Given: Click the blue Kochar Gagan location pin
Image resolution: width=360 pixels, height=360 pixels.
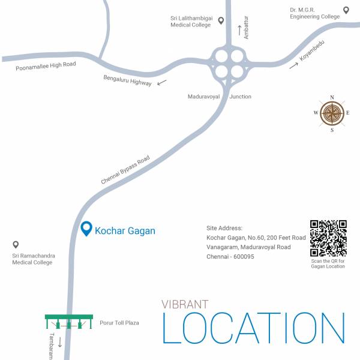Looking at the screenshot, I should coord(86,229).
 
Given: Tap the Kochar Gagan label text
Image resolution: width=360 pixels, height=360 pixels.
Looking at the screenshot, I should coord(125,231).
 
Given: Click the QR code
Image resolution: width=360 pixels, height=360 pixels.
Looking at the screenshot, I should coord(328,238).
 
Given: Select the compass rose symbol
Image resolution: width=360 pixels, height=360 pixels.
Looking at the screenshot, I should coord(332,113).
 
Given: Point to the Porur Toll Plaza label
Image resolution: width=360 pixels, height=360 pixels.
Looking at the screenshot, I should coord(119,323).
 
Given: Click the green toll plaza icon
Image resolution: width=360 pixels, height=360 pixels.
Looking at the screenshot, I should coord(68,322).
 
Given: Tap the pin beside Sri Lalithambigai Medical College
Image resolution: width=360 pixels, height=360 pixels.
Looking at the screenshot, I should coord(221,21).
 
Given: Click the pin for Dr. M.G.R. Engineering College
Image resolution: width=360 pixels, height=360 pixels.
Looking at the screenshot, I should coord(346,10).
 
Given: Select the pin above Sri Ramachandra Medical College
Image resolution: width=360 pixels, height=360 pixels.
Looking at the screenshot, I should coord(16,245).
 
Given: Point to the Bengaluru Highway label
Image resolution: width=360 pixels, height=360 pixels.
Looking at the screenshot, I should coord(127,80).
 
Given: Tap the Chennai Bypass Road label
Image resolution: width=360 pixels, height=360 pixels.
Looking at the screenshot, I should coord(125,170).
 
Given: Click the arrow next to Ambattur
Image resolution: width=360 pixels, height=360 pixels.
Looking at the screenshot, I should coord(239,29).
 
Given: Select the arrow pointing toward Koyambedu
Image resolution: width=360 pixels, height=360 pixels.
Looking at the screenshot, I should coord(293,65).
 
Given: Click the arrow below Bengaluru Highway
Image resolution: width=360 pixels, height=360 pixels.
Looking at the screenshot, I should coord(162,83).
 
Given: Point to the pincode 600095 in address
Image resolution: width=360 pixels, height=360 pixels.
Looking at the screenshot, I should coord(242,256).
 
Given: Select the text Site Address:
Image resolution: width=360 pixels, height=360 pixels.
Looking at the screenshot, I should coord(224,228).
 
